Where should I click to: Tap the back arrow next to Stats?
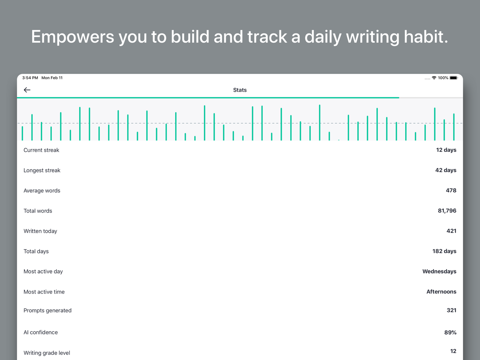point(27,90)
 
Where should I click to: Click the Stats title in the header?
point(240,90)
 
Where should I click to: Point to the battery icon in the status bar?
point(453,78)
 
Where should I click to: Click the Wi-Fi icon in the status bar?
point(434,78)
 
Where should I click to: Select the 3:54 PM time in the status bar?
point(30,78)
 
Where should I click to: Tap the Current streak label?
point(41,150)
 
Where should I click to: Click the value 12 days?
point(446,150)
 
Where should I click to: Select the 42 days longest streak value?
point(446,170)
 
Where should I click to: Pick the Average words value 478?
point(451,190)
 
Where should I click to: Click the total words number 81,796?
point(447,210)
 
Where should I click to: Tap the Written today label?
point(40,231)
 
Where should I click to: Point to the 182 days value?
point(444,251)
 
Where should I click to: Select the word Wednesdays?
point(439,271)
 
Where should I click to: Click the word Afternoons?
point(441,291)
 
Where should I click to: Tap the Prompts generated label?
point(47,310)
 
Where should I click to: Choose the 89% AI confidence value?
point(450,332)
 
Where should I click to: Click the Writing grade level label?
point(47,353)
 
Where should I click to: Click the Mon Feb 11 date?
point(52,78)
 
